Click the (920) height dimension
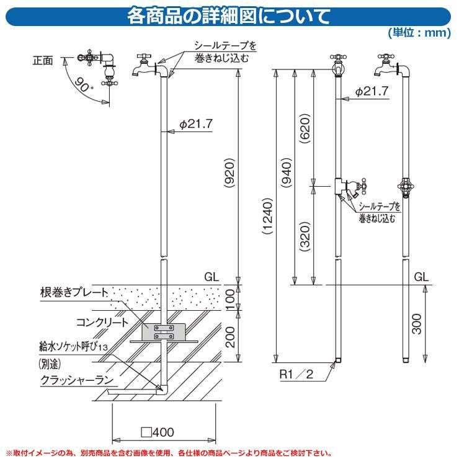tap(229, 173)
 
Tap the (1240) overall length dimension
tap(267, 216)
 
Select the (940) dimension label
tap(287, 172)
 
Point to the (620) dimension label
tap(305, 128)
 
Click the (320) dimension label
tap(305, 236)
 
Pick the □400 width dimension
tap(158, 432)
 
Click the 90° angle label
tap(83, 84)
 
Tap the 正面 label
tap(43, 61)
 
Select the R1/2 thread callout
tap(296, 374)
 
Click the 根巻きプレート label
tap(74, 292)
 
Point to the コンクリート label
tap(102, 323)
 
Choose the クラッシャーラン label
tap(77, 380)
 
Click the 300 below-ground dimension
tap(417, 324)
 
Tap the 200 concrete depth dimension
tap(230, 337)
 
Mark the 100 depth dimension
tap(230, 300)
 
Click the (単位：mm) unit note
tap(419, 32)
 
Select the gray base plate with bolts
tap(164, 332)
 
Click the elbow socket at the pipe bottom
tap(163, 390)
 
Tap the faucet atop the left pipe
tap(145, 66)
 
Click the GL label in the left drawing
tap(212, 277)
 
